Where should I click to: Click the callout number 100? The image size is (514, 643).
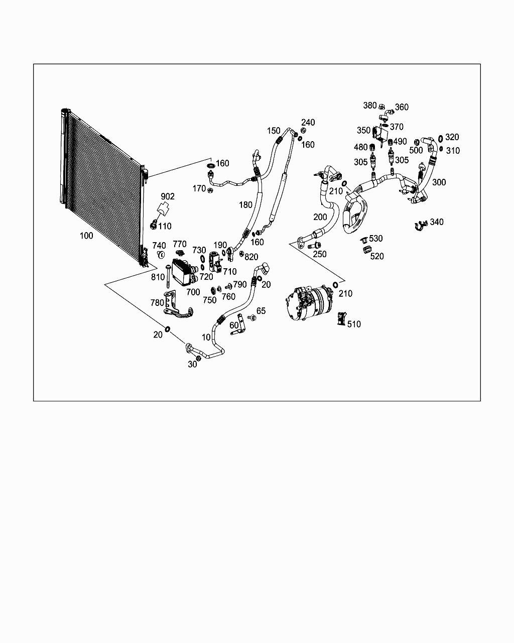pyautogui.click(x=86, y=236)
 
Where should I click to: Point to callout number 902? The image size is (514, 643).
pyautogui.click(x=168, y=196)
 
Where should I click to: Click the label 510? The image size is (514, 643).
pyautogui.click(x=354, y=324)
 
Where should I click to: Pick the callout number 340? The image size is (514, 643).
pyautogui.click(x=437, y=222)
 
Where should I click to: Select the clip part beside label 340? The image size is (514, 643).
pyautogui.click(x=420, y=227)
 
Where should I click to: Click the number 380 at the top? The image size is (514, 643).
pyautogui.click(x=370, y=105)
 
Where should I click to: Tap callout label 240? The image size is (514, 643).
pyautogui.click(x=308, y=123)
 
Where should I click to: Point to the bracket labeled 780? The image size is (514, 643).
pyautogui.click(x=176, y=307)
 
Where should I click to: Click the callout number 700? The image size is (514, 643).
pyautogui.click(x=193, y=292)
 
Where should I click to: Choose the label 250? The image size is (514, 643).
pyautogui.click(x=320, y=254)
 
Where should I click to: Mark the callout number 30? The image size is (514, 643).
pyautogui.click(x=192, y=365)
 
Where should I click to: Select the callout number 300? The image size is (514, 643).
pyautogui.click(x=439, y=182)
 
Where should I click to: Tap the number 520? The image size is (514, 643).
pyautogui.click(x=377, y=256)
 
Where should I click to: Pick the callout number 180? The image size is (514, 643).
pyautogui.click(x=245, y=204)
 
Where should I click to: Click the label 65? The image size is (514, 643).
pyautogui.click(x=261, y=311)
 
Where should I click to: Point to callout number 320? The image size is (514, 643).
pyautogui.click(x=452, y=137)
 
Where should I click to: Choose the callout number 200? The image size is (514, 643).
pyautogui.click(x=320, y=217)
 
